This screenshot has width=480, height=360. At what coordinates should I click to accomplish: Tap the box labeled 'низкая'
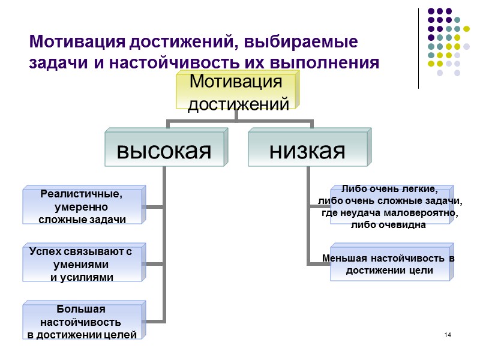point(307,149)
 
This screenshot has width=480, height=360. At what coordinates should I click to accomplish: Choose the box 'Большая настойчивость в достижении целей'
point(82,322)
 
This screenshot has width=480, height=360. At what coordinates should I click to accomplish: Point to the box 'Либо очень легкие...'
point(389,206)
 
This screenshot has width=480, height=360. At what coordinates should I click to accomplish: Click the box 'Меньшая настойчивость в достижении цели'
point(389,264)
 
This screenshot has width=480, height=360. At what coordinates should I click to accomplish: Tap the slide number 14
point(448,334)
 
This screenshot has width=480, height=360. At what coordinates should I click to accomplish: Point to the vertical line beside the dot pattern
point(418,48)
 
